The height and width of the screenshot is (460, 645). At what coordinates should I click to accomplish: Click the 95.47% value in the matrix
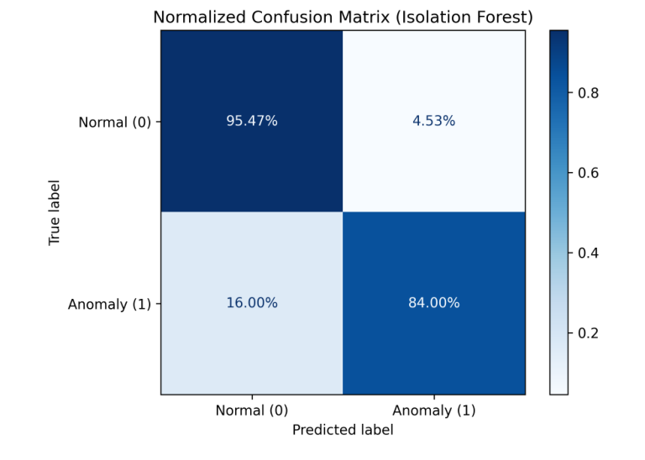coord(251,121)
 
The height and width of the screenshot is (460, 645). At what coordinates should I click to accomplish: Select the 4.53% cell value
coord(434,121)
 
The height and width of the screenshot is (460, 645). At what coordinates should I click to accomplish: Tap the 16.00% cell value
coord(251,303)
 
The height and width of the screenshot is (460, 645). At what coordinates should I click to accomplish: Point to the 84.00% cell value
coord(434,303)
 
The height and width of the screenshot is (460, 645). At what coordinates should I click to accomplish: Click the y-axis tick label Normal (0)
coord(115,122)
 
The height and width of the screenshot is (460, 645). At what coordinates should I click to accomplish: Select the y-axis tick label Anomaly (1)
coord(110,304)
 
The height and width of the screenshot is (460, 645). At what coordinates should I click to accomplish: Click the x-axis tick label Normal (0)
coord(252,410)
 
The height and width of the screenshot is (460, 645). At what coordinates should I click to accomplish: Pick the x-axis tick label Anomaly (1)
coord(434,410)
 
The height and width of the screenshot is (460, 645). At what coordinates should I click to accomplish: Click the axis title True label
coord(55,212)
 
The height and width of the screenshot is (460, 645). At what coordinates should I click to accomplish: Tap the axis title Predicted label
coord(343,429)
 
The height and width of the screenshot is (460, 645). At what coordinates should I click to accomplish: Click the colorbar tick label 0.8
coord(588,93)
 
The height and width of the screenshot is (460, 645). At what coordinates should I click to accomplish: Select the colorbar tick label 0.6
coord(588,173)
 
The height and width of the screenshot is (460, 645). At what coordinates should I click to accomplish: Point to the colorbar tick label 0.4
coord(588,253)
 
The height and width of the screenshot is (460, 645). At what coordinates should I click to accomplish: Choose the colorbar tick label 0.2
coord(588,332)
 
